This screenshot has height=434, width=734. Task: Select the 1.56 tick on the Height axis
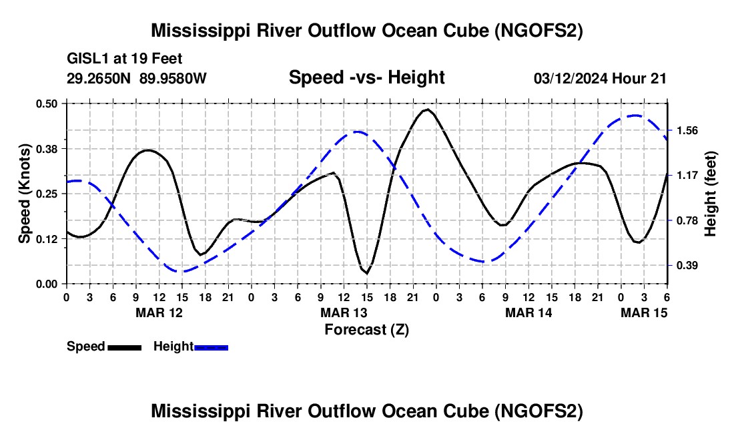687,130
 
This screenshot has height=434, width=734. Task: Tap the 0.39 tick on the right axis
687,266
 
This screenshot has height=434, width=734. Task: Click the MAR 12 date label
159,312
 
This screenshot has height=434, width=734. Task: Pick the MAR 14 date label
528,312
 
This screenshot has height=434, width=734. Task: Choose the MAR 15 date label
644,312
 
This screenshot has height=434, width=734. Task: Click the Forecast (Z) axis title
367,330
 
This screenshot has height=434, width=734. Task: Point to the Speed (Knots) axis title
24,194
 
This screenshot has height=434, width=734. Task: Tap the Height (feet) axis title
710,194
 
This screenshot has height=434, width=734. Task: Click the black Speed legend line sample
125,347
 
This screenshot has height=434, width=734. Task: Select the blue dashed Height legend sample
211,347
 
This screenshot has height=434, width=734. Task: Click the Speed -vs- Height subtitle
367,77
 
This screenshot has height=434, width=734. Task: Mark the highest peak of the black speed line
427,109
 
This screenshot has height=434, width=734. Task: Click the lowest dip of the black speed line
367,273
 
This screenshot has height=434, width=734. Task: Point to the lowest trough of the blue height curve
180,272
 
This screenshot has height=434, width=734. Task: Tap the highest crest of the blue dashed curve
635,115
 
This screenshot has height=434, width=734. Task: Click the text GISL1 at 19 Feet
125,59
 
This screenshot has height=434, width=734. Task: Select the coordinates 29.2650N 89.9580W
137,78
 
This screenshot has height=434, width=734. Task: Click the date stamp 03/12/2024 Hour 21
600,78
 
